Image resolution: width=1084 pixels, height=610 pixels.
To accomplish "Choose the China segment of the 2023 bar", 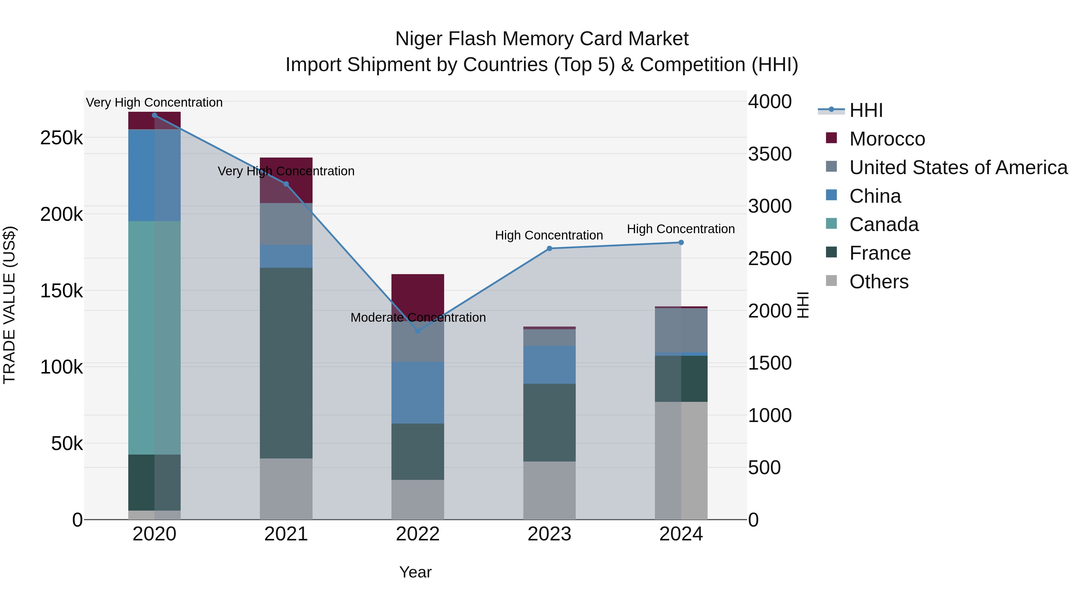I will point(549,364).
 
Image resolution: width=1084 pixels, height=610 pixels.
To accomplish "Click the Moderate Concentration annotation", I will point(418,318).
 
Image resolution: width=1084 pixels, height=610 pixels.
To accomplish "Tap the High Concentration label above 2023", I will point(549,235).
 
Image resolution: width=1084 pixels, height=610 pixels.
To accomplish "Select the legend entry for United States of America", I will point(958,167).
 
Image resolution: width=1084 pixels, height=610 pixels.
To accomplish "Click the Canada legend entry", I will point(884,224).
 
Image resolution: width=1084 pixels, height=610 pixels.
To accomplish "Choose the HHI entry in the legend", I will point(866,110).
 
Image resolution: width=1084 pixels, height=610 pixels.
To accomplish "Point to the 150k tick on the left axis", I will point(61,290).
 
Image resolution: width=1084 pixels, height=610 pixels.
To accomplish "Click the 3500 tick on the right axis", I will point(770,154).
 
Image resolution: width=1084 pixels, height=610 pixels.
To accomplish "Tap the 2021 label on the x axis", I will point(286,534).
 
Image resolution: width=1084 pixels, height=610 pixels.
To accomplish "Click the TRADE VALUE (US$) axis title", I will point(9,305).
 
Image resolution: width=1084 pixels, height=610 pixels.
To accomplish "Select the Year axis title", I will point(415,572).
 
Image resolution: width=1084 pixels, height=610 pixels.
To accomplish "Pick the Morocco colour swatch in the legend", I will point(831,138).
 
